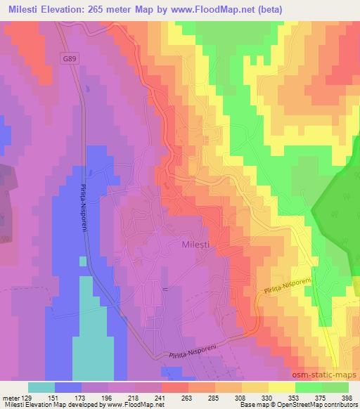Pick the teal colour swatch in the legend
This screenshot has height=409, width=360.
pyautogui.click(x=41, y=387)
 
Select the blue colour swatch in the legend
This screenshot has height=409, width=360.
pyautogui.click(x=68, y=387)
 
